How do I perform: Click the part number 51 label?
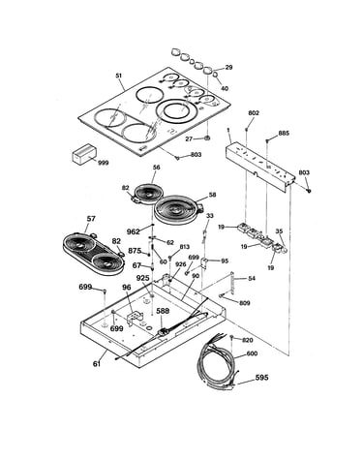point(119,76)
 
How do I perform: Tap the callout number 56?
point(157,168)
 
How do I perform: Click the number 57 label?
point(91,219)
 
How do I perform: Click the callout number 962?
point(134,231)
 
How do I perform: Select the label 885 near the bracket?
point(284,133)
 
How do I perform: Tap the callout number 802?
point(254,113)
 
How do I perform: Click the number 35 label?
point(279,231)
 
